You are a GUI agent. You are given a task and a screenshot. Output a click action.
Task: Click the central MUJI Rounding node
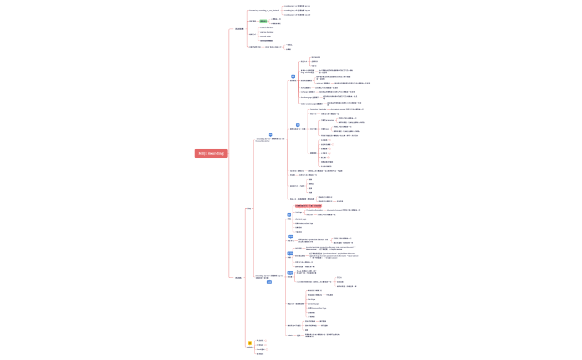pyautogui.click(x=211, y=153)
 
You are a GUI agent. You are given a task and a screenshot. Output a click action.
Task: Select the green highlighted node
pyautogui.click(x=263, y=21)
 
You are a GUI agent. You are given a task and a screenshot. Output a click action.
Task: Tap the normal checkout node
pyautogui.click(x=267, y=28)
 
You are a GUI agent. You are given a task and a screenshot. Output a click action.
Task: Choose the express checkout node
pyautogui.click(x=267, y=32)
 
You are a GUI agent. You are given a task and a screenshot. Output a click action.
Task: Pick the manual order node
pyautogui.click(x=266, y=37)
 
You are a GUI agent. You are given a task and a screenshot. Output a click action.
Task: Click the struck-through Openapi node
pyautogui.click(x=267, y=41)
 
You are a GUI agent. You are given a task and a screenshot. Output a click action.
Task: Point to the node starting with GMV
pyautogui.click(x=273, y=47)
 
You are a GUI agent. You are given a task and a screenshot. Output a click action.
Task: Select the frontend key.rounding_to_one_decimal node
pyautogui.click(x=264, y=11)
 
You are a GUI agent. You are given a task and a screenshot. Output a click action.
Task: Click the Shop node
pyautogui.click(x=249, y=208)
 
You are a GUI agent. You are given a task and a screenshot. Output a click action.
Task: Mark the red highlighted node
pyautogui.click(x=308, y=206)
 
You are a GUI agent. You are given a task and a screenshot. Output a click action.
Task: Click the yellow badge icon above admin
pyautogui.click(x=249, y=343)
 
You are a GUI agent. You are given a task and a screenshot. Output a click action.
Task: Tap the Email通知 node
pyautogui.click(x=261, y=349)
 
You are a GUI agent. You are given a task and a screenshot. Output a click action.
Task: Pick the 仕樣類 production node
pyautogui.click(x=328, y=120)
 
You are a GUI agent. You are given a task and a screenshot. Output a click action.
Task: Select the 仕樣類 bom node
pyautogui.click(x=325, y=128)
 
